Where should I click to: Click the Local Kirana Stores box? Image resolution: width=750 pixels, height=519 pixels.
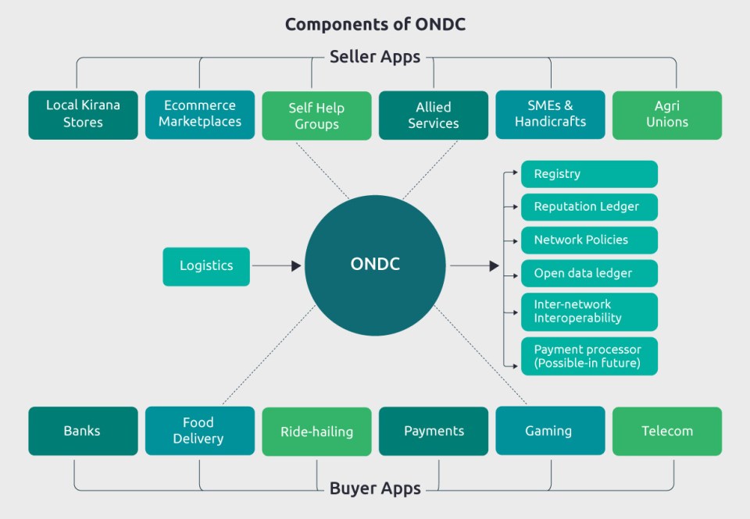tap(83, 115)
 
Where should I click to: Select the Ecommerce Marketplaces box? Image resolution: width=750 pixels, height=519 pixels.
tap(200, 115)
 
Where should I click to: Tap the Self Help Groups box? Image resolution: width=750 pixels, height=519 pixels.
tap(316, 116)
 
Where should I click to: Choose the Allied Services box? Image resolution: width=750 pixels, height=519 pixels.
tap(434, 116)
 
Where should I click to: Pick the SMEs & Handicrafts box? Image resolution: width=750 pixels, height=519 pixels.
tap(550, 115)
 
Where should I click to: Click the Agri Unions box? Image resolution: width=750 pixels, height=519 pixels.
tap(667, 116)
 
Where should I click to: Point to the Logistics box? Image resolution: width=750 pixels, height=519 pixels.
tap(206, 266)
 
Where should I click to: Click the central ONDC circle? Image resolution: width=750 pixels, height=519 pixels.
tap(375, 265)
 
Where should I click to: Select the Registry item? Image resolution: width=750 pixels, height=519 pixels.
tap(589, 174)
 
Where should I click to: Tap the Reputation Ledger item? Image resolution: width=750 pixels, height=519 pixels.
tap(589, 207)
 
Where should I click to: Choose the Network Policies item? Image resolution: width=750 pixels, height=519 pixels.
tap(589, 240)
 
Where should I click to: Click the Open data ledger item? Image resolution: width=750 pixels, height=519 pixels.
tap(589, 273)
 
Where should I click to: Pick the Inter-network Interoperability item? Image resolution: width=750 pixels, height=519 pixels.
tap(589, 311)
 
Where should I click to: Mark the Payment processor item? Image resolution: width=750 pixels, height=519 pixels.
tap(589, 356)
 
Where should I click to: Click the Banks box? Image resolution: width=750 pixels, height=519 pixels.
tap(83, 431)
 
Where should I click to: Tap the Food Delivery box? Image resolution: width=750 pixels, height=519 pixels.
tap(200, 431)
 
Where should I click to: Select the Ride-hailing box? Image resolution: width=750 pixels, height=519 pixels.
tap(316, 432)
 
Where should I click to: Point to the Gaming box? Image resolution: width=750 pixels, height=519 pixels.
tap(550, 431)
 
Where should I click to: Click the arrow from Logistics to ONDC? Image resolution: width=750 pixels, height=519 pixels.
tap(277, 266)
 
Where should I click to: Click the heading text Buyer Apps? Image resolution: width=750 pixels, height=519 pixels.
tap(375, 489)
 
